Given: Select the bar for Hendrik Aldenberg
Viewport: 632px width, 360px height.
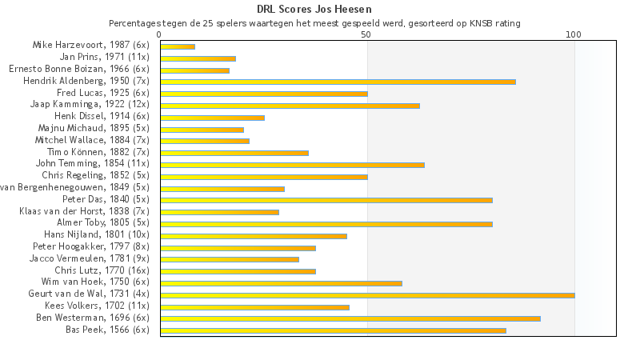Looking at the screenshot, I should pyautogui.click(x=338, y=82).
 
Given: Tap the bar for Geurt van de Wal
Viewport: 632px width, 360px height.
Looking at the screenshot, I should pyautogui.click(x=367, y=295).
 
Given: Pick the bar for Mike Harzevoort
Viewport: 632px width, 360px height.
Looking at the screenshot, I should pyautogui.click(x=178, y=46).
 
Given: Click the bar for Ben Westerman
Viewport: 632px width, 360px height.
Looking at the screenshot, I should pyautogui.click(x=350, y=318).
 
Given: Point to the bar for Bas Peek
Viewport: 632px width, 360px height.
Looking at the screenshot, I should pyautogui.click(x=333, y=330).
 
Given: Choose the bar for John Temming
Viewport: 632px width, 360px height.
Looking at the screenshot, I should pyautogui.click(x=292, y=165).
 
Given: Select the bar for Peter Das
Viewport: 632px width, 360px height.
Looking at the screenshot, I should pyautogui.click(x=326, y=200).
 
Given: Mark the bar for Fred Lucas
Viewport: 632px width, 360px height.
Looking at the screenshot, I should pyautogui.click(x=264, y=94).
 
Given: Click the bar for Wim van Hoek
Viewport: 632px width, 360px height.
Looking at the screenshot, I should pyautogui.click(x=281, y=283).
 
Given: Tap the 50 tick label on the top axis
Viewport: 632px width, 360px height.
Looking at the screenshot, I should pyautogui.click(x=366, y=34).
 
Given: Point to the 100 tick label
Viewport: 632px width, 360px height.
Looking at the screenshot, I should pyautogui.click(x=574, y=34).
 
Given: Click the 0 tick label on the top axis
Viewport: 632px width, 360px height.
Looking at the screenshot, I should pyautogui.click(x=160, y=34).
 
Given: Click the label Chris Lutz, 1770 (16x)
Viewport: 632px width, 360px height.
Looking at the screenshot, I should pyautogui.click(x=102, y=271).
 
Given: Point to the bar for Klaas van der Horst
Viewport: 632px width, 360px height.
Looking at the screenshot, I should pyautogui.click(x=219, y=212).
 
